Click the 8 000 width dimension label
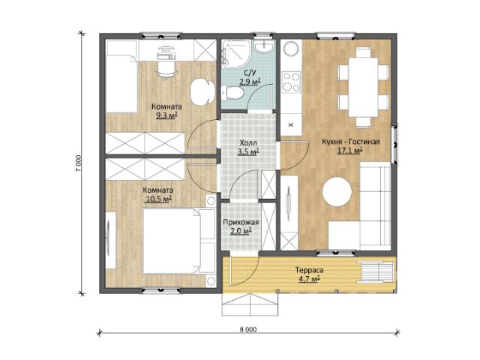coord(248,330)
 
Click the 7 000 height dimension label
coord(79,164)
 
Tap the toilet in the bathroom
coord(232,93)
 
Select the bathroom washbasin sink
coord(264,46)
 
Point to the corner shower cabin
coord(235,53)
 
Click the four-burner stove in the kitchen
coord(291,82)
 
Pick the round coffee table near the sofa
coord(337,192)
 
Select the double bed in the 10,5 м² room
coord(179,241)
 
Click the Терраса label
coord(309,270)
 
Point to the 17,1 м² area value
coord(350,151)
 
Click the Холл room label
coord(248,143)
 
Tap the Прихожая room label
coord(241,222)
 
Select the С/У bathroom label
coord(250,73)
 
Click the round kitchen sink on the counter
coord(291,49)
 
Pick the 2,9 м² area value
coord(250,82)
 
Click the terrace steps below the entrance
coord(250,304)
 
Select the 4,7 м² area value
coord(309,279)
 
